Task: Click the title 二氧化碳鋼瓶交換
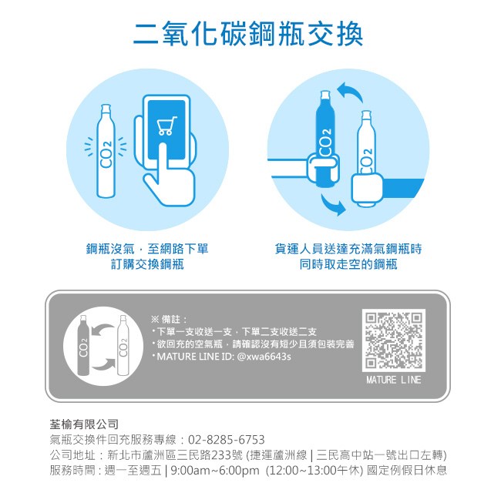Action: click(247, 34)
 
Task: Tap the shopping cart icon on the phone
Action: click(167, 126)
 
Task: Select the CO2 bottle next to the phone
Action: click(106, 151)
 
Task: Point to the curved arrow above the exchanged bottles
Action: click(351, 92)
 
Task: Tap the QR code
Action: click(394, 340)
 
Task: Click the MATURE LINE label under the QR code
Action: click(394, 380)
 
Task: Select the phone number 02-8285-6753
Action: click(227, 440)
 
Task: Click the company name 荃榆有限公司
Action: click(84, 424)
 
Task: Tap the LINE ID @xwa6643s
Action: click(264, 357)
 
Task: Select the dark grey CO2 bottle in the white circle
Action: click(83, 345)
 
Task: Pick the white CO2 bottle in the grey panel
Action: click(123, 345)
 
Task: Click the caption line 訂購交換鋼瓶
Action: click(147, 264)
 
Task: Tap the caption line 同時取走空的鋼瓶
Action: click(348, 264)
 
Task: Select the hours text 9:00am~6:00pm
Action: click(215, 471)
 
